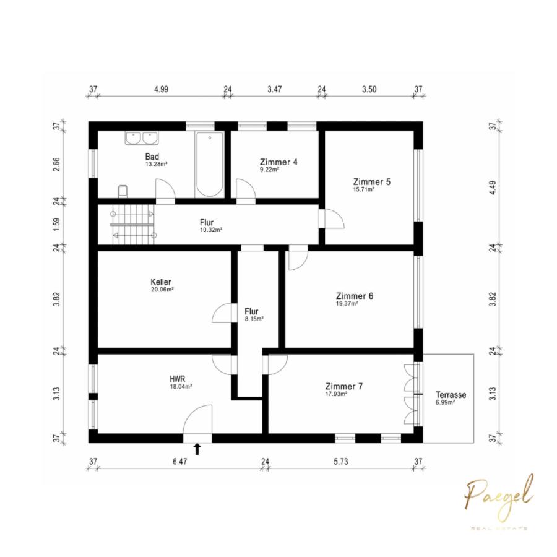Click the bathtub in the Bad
tap(210, 165)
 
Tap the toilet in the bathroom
tap(123, 191)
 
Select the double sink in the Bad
tap(142, 138)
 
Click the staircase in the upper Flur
tap(133, 224)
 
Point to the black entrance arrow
tap(197, 449)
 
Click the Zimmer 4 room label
tap(279, 162)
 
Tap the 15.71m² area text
tap(364, 190)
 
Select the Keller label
tap(161, 282)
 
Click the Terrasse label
tap(451, 395)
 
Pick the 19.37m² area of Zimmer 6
tap(347, 304)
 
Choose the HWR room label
tap(177, 379)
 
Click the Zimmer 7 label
tap(344, 386)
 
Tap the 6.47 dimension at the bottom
tap(180, 462)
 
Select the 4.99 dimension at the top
tap(162, 89)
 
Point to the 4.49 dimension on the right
tap(493, 188)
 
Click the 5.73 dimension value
tap(341, 462)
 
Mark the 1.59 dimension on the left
tap(56, 224)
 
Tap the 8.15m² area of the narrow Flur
tap(254, 319)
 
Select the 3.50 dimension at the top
tap(369, 89)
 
